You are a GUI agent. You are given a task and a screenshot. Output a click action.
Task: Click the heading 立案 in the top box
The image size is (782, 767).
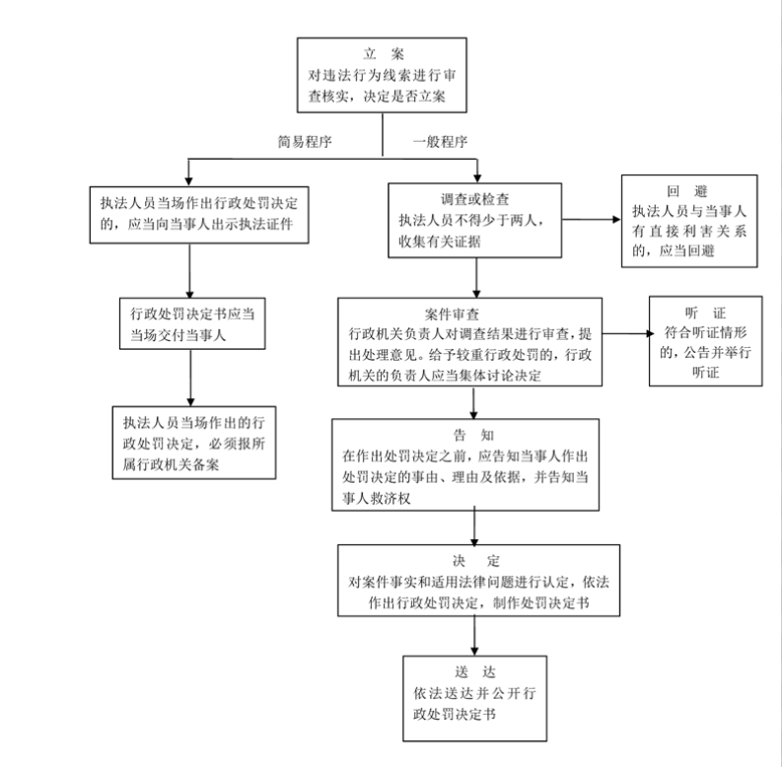(384, 53)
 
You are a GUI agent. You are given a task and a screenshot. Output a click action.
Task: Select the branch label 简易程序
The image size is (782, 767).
(305, 142)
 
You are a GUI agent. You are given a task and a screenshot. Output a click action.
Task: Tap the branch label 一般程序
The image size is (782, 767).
(441, 142)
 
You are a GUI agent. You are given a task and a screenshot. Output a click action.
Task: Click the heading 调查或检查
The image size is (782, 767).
(474, 199)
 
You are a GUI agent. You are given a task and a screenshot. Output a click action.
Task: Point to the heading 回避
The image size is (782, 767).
(687, 191)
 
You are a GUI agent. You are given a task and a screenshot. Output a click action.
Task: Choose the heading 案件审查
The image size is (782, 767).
(452, 314)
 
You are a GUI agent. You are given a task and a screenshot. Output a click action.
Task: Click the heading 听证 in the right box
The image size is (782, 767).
(705, 313)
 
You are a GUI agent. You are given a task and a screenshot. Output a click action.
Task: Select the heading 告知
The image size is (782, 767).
(473, 436)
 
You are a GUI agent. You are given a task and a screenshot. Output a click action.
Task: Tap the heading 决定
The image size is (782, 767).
(476, 561)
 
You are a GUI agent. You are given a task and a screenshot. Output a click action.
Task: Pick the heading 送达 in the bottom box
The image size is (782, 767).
(475, 672)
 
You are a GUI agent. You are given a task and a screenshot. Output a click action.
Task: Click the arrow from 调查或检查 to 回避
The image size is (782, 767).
(592, 220)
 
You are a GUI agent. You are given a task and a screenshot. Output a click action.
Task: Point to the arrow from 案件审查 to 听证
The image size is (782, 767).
(628, 333)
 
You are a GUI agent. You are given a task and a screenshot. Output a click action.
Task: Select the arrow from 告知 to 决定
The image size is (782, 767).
(474, 527)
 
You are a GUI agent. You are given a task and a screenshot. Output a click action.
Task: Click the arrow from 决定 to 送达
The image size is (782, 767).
(474, 635)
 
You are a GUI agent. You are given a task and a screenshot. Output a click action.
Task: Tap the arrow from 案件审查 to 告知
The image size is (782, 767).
(473, 402)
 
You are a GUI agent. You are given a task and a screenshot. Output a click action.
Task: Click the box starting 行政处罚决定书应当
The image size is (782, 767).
(192, 323)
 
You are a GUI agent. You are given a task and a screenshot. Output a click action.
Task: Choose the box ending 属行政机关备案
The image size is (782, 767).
(194, 443)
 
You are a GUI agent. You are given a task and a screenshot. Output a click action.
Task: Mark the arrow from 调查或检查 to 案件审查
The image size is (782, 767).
(476, 278)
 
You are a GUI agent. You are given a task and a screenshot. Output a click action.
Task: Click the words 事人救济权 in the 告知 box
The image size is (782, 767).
(376, 498)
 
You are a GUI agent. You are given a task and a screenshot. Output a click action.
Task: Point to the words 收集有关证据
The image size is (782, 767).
(440, 242)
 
